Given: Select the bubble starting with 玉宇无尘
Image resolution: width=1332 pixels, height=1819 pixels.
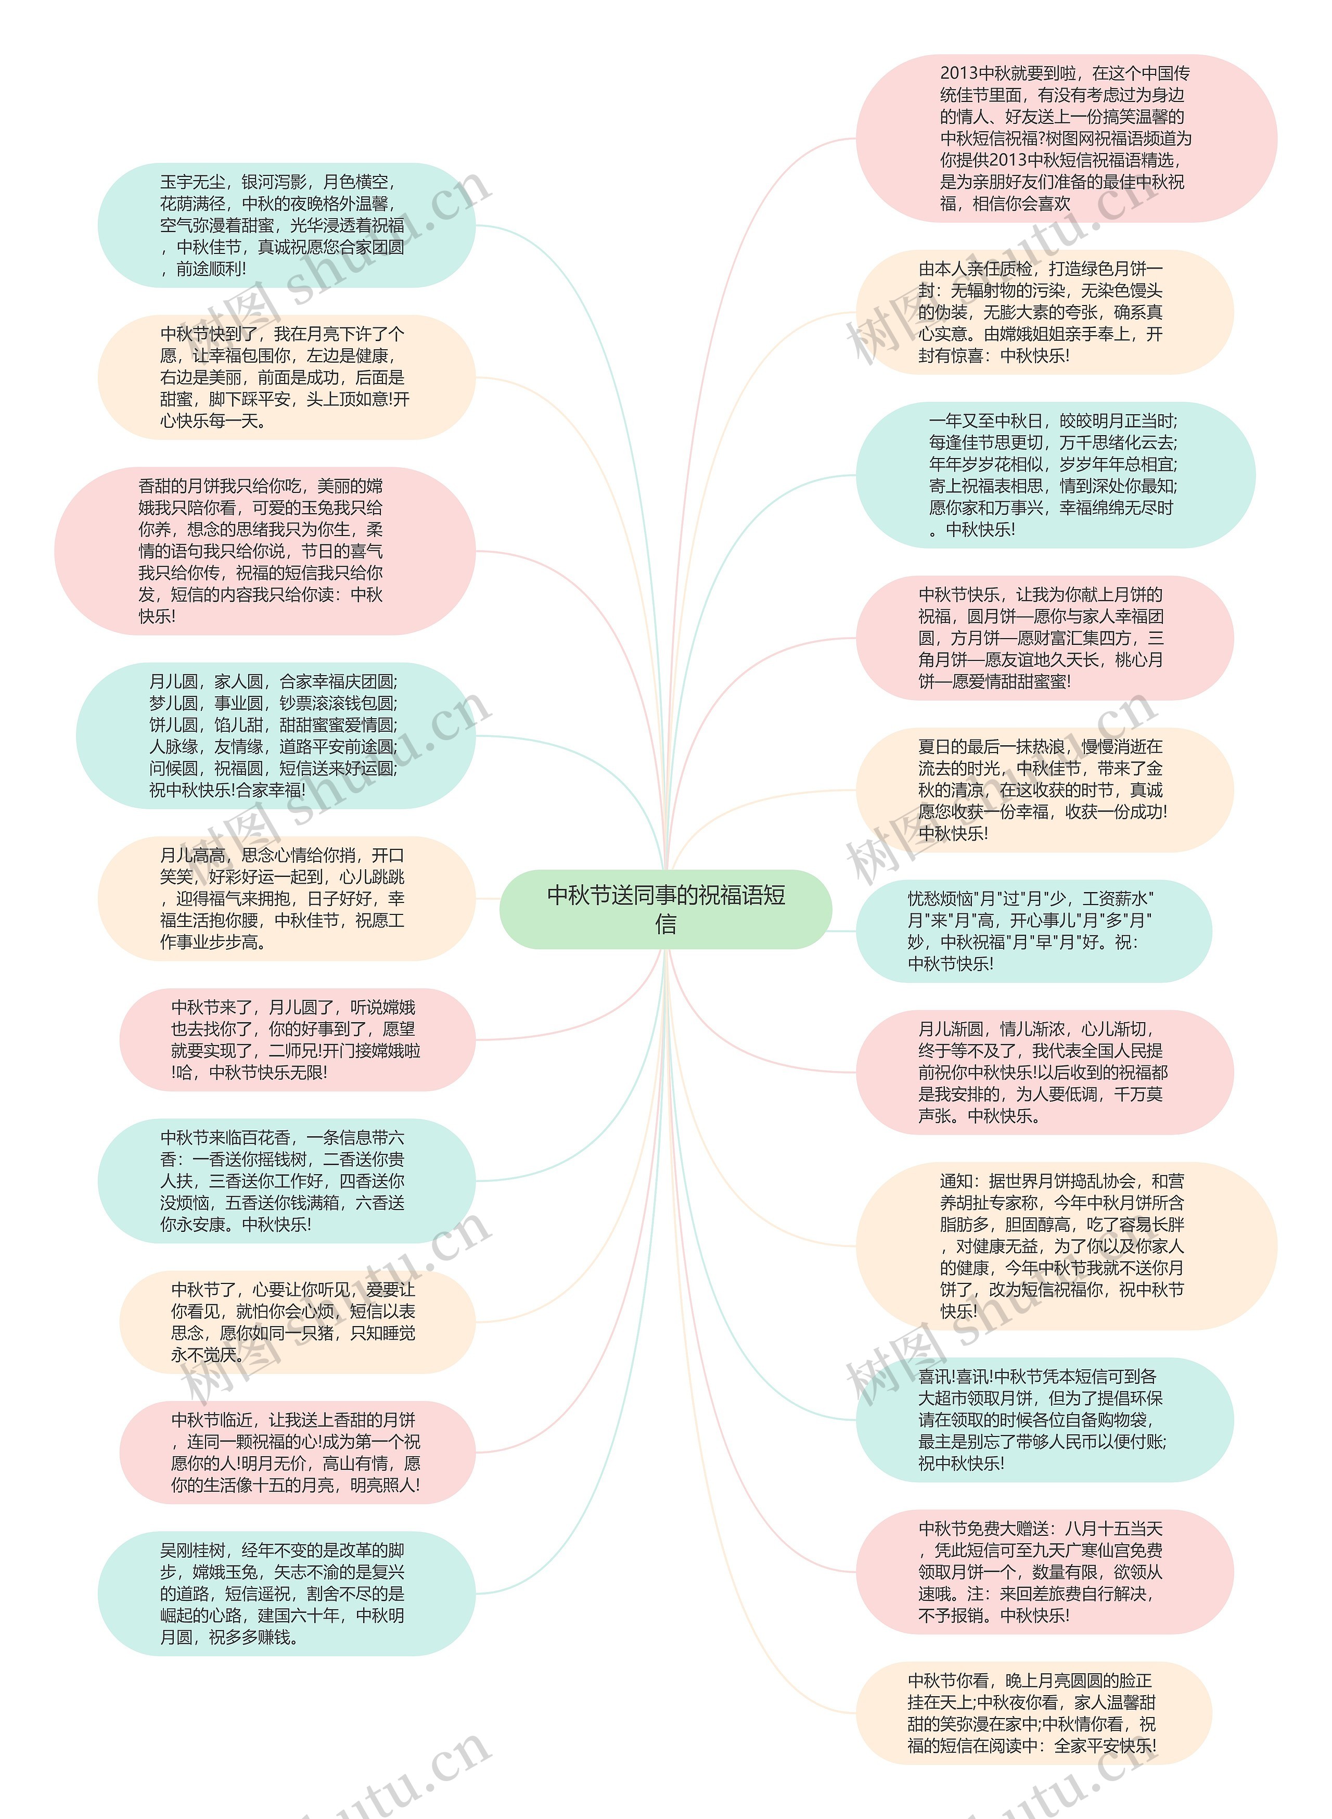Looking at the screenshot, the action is click(286, 225).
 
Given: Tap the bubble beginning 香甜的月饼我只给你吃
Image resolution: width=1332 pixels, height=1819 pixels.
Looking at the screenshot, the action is click(264, 551).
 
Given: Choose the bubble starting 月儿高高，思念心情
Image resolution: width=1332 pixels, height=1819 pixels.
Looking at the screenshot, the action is click(286, 898).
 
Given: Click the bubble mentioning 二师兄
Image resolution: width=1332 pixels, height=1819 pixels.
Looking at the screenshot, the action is click(297, 1039).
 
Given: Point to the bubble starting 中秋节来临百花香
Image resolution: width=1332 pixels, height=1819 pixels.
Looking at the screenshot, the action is click(286, 1180).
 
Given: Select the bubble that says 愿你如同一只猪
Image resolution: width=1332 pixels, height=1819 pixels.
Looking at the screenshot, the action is click(297, 1322).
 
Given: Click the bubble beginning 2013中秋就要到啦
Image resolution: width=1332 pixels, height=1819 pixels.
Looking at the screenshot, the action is click(1066, 138).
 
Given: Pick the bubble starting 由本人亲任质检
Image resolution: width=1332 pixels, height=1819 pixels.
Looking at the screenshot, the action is click(1044, 312).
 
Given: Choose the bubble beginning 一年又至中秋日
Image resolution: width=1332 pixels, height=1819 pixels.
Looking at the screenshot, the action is click(1055, 475).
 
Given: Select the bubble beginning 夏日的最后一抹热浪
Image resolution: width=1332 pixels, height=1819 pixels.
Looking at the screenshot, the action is click(1044, 790).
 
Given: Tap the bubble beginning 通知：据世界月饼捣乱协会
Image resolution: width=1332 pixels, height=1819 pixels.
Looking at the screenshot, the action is click(1066, 1246).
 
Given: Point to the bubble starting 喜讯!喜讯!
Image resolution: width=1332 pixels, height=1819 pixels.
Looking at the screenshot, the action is click(1044, 1420).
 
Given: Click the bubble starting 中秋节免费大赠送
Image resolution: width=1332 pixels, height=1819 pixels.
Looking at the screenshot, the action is click(1044, 1571).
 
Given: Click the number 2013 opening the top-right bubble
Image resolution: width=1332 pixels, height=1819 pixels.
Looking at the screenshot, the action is click(959, 73).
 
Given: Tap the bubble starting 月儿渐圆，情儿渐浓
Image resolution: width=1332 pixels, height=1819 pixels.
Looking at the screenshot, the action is click(1044, 1072).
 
